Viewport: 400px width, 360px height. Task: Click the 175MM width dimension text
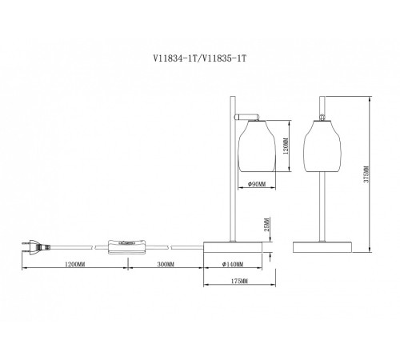point(238,282)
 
